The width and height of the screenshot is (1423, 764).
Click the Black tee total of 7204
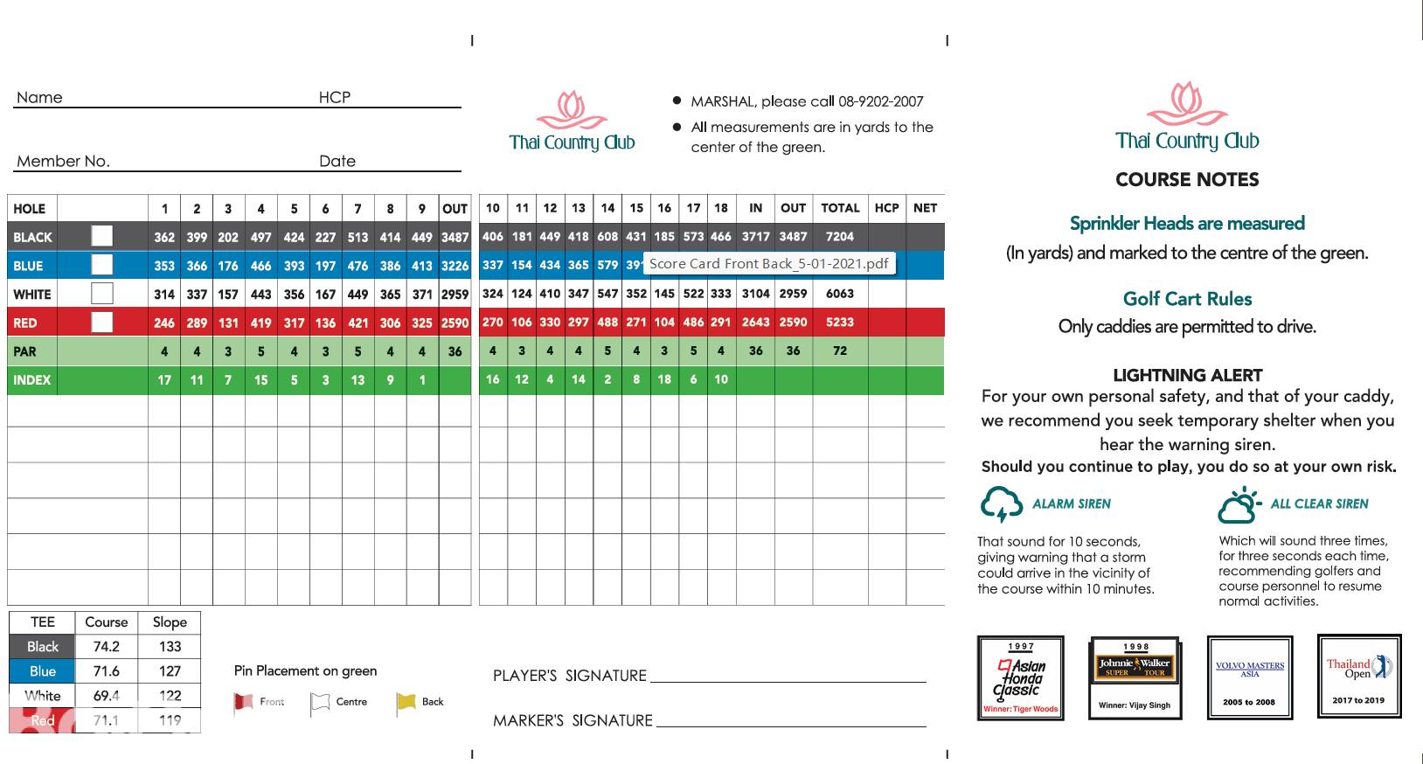click(839, 237)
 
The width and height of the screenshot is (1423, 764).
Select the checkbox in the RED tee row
click(102, 323)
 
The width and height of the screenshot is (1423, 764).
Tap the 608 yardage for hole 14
click(607, 237)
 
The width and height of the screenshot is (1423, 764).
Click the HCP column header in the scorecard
click(886, 208)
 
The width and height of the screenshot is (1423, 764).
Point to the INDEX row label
click(32, 380)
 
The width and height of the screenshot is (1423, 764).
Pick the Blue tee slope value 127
click(170, 671)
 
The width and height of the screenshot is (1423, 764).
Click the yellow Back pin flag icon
click(406, 702)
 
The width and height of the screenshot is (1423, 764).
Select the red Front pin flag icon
click(243, 703)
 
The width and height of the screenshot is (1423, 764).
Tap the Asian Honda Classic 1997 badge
click(1020, 678)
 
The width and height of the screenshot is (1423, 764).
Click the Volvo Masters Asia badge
click(1249, 678)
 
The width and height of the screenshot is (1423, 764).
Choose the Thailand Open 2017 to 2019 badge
click(1358, 677)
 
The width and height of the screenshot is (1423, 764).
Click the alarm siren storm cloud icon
click(1001, 504)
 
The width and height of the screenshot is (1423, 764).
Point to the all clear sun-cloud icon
click(1239, 504)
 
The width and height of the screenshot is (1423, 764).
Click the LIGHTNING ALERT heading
click(1187, 375)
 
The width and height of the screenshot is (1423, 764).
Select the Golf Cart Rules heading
click(1187, 299)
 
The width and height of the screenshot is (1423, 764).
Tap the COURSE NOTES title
click(1187, 180)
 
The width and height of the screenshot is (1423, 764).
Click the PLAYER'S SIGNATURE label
click(569, 676)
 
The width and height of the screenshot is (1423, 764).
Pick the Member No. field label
click(63, 161)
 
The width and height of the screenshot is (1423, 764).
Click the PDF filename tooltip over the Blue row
click(768, 264)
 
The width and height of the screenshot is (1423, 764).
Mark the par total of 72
click(839, 351)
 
